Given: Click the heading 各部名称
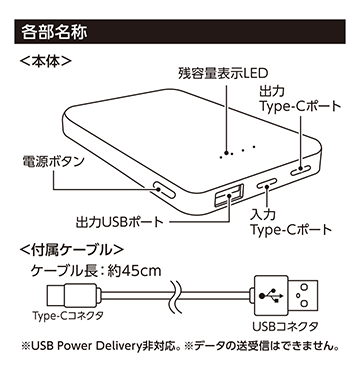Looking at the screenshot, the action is [54, 33].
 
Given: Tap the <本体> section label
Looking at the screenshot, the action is [46, 62].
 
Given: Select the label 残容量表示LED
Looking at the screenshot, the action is [223, 73].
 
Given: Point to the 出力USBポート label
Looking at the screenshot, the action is [120, 222].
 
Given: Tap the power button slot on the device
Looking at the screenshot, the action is [164, 190].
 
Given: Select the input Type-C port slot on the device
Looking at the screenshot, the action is [266, 184].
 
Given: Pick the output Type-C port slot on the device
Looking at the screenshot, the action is [301, 170].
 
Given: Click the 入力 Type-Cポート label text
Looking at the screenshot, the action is [291, 223].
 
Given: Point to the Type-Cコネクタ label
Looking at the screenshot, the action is [68, 315].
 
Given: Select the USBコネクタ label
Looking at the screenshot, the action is [285, 326].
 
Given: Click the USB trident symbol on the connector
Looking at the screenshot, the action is [271, 296].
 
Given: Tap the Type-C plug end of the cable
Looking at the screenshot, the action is [57, 296].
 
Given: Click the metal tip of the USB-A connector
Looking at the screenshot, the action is [303, 295].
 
